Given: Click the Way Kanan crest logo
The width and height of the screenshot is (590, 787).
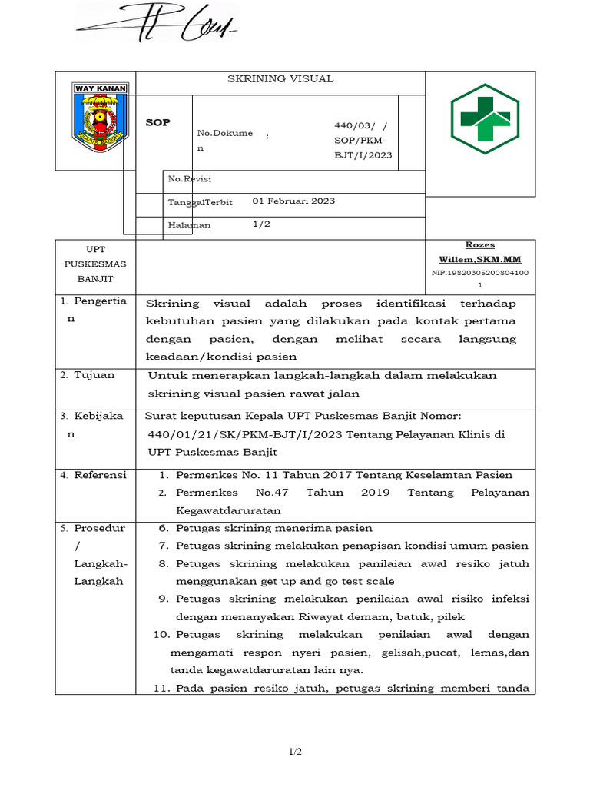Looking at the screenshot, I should (x=100, y=118).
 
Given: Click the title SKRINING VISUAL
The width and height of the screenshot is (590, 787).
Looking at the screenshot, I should (x=280, y=79).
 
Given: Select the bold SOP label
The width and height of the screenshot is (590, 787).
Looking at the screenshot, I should (x=157, y=123).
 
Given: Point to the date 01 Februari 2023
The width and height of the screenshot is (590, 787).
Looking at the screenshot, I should (x=293, y=201).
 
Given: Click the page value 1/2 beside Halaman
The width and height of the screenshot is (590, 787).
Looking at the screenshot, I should (x=261, y=224).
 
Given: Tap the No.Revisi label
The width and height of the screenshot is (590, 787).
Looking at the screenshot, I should (x=190, y=179).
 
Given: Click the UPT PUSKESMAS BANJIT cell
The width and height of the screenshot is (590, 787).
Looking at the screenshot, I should (x=95, y=264).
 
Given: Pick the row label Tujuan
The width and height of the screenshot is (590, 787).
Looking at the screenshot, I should (x=94, y=375).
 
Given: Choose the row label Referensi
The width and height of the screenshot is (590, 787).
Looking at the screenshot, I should (x=100, y=475).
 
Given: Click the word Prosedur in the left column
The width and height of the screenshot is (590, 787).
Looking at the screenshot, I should (x=100, y=529).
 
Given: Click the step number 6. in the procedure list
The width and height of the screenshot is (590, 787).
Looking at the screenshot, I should (x=163, y=529).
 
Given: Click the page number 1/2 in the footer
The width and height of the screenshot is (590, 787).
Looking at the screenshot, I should (x=295, y=752).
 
